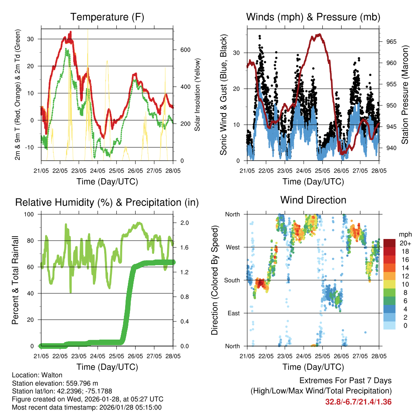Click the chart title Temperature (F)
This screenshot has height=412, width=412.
click(x=107, y=17)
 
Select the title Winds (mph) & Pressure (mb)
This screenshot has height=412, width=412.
click(x=313, y=17)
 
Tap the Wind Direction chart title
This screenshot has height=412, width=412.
click(x=313, y=200)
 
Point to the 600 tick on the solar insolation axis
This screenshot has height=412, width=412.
click(x=184, y=50)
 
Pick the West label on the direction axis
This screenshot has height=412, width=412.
click(x=232, y=247)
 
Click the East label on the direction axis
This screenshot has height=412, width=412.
click(x=233, y=313)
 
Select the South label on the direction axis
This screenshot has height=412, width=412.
click(x=232, y=280)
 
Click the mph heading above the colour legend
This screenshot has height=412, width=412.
click(x=404, y=234)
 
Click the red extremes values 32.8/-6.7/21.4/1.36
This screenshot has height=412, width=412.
click(x=358, y=402)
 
